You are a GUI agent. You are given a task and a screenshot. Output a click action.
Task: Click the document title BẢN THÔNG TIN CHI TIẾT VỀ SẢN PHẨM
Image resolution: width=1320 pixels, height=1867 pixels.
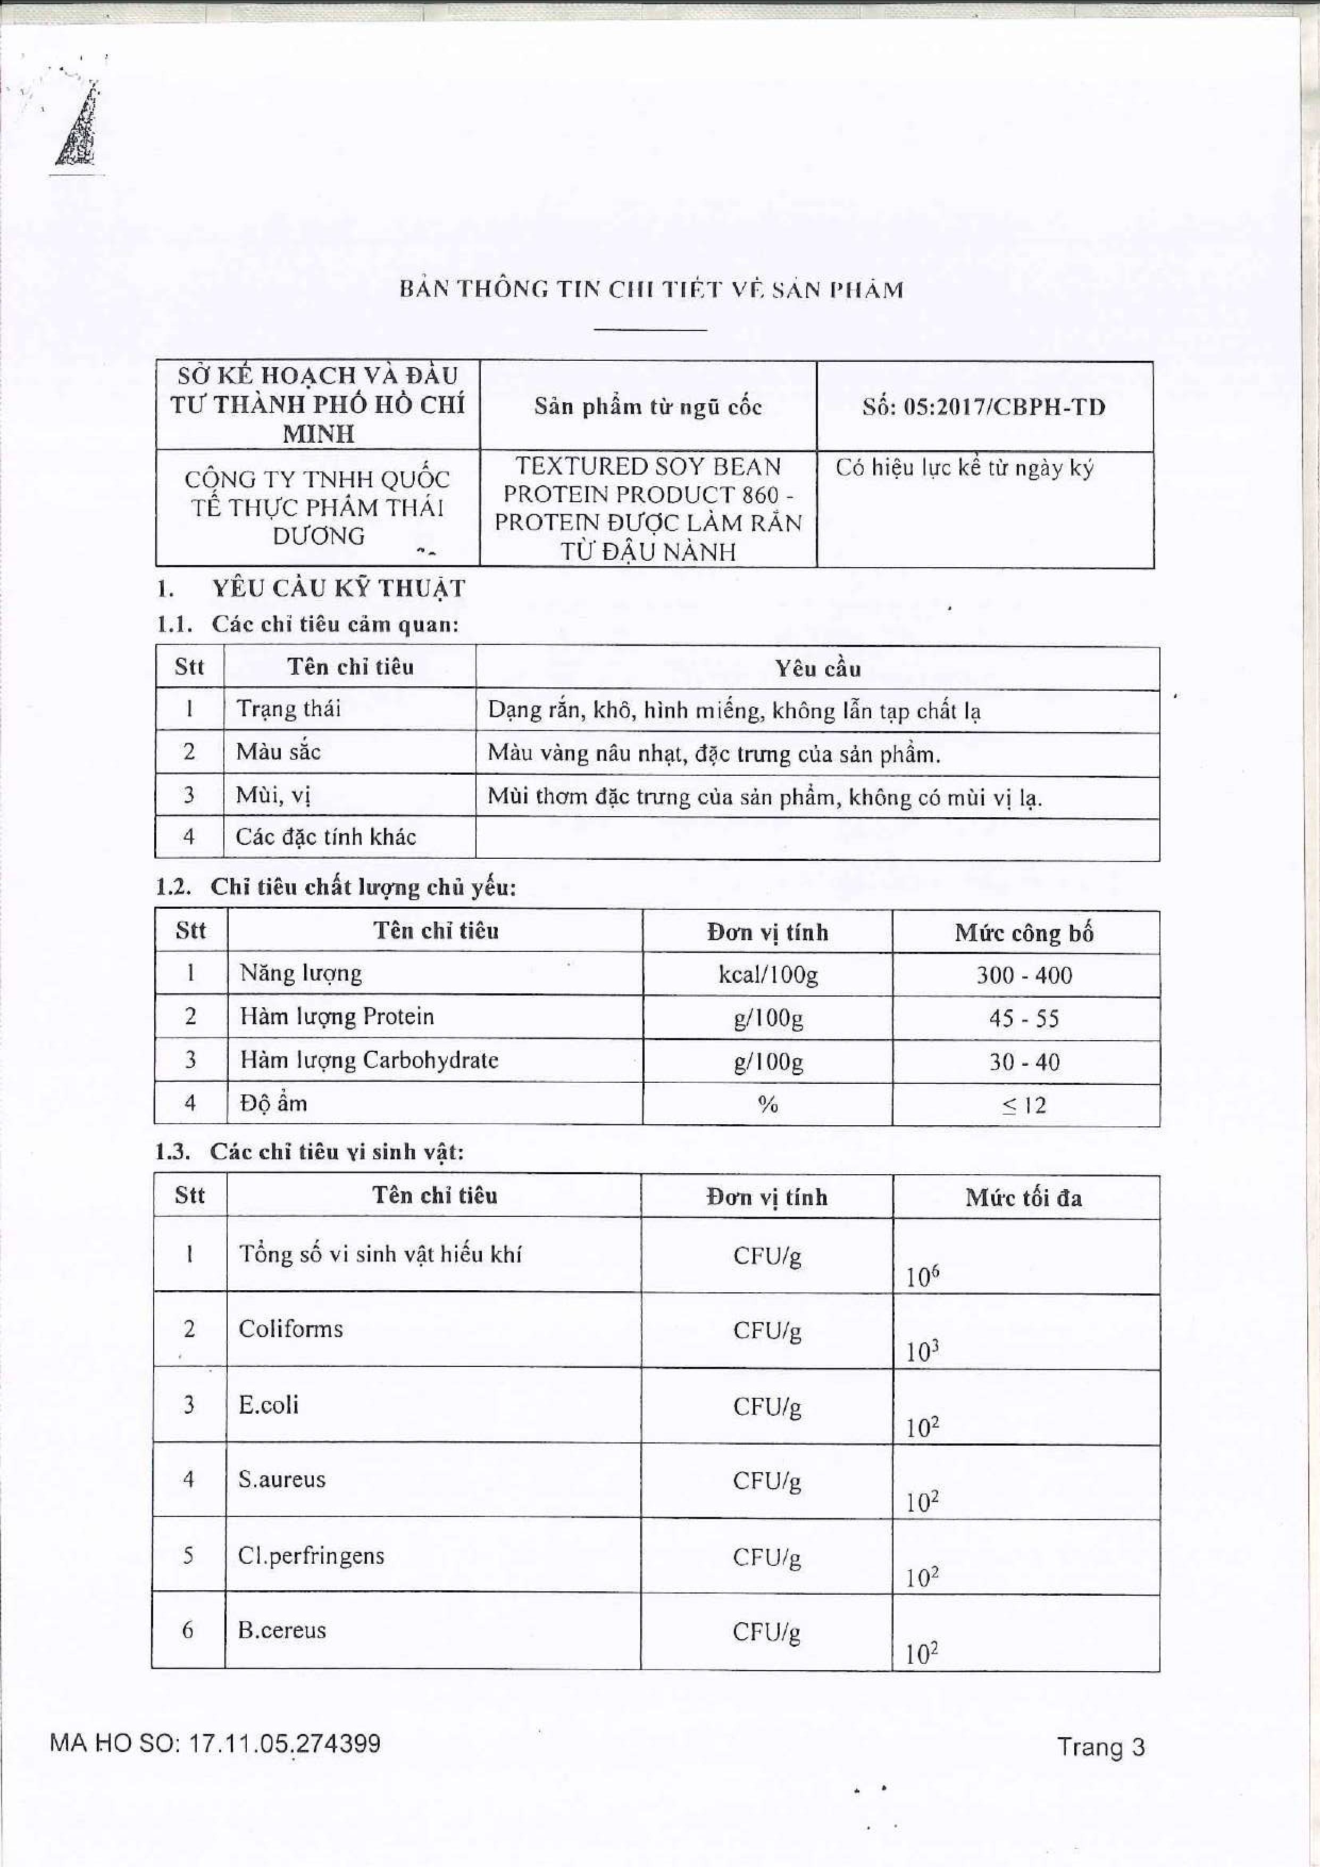(651, 291)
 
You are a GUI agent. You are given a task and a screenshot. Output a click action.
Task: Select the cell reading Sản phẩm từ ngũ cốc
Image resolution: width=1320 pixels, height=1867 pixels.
(648, 408)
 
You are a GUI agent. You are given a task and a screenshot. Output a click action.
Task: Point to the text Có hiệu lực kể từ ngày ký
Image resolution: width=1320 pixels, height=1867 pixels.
(965, 469)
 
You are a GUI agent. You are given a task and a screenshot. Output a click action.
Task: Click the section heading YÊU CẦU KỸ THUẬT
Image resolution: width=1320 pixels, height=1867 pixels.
(338, 588)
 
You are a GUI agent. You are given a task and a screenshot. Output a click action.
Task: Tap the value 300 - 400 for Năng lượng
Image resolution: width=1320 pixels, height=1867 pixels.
(1024, 975)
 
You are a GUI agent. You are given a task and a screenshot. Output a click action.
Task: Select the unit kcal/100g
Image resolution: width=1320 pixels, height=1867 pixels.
(767, 974)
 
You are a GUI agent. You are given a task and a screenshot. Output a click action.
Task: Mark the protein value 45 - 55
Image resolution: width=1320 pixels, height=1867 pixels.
(1024, 1018)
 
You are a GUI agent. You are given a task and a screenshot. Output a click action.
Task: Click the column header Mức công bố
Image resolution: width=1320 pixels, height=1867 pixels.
(1024, 933)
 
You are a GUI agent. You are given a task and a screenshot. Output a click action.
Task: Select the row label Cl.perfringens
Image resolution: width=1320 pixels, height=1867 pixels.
(311, 1556)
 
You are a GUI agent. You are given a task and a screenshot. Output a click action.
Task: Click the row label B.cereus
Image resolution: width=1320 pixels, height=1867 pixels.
(281, 1630)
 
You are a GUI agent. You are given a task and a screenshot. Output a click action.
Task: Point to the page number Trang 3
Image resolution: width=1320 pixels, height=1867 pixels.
(1100, 1745)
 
